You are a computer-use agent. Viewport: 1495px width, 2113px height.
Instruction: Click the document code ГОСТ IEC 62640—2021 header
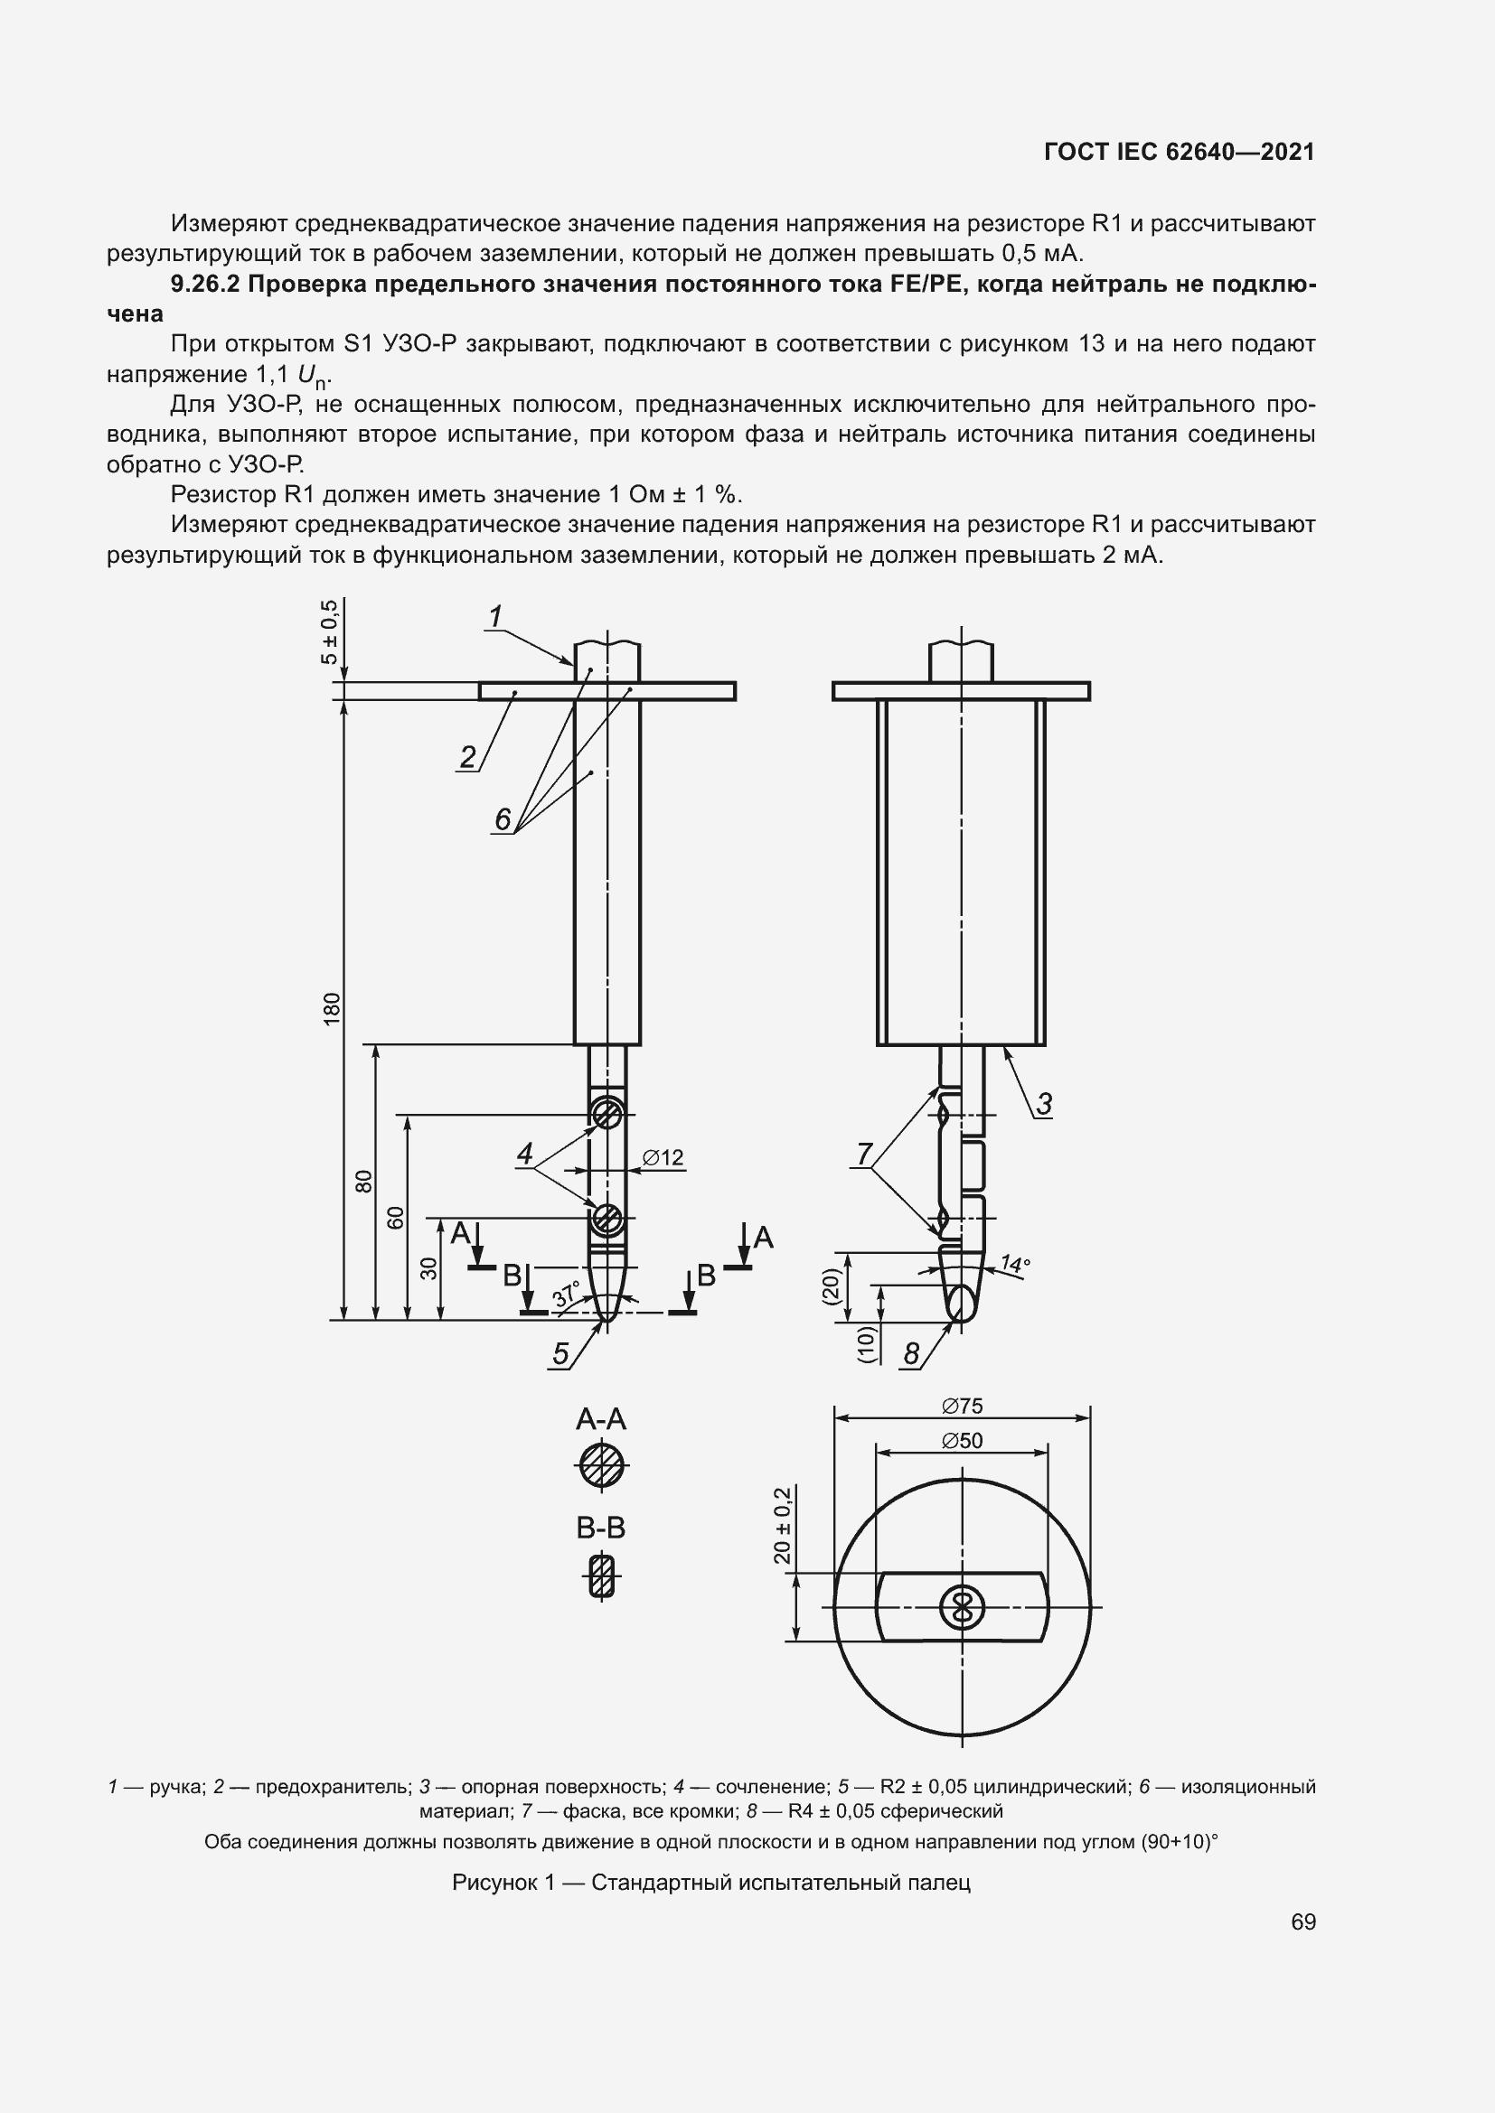click(1180, 152)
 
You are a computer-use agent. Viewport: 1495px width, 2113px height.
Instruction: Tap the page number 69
click(1302, 1921)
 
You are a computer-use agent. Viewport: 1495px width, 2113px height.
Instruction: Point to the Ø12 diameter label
click(663, 1158)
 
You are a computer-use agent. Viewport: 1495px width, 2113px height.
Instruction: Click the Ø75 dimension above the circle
click(962, 1407)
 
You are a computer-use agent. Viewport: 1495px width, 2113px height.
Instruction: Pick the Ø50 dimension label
click(962, 1441)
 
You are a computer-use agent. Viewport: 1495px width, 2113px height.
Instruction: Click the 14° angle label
click(1014, 1265)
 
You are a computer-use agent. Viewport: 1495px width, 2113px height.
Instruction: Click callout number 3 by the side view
click(1044, 1104)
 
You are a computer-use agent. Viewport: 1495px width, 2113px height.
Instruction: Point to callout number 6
click(503, 819)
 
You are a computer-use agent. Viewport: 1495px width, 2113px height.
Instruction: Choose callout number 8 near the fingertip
click(911, 1354)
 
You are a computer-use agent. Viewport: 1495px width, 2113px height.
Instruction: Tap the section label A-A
click(601, 1419)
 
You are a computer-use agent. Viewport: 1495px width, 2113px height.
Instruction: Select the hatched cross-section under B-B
click(601, 1575)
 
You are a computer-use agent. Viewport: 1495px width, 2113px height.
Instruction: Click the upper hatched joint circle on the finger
click(606, 1115)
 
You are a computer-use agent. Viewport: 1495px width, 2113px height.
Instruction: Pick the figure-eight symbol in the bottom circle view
click(962, 1609)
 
